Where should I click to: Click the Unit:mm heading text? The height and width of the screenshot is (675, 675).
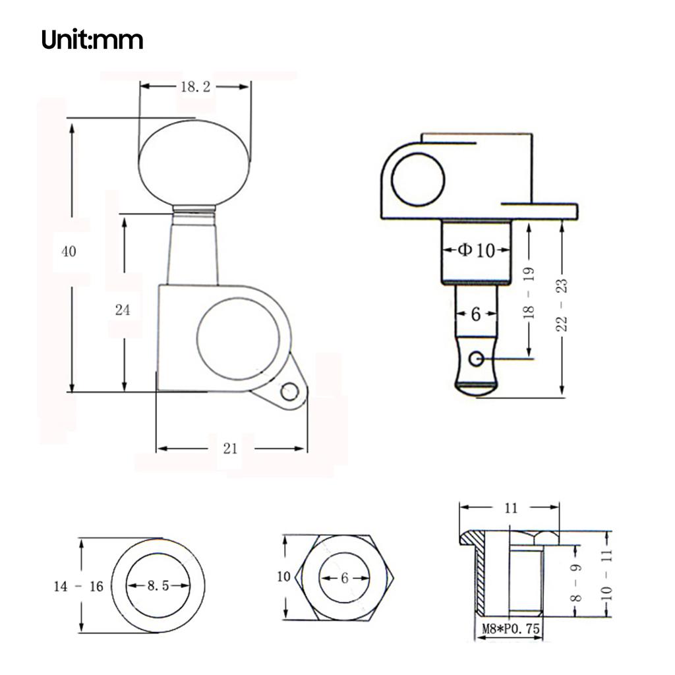(x=92, y=40)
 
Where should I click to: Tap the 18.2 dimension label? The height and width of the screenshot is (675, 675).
(x=194, y=86)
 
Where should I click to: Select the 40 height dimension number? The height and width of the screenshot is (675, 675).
(x=69, y=251)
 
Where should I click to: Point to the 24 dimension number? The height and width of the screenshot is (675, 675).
(x=123, y=310)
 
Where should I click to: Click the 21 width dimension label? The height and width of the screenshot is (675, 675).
(x=230, y=449)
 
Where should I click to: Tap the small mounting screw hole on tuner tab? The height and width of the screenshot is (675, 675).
(x=288, y=393)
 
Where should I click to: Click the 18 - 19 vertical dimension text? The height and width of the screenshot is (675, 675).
(x=529, y=293)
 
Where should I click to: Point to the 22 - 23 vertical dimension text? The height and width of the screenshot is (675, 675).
(x=562, y=304)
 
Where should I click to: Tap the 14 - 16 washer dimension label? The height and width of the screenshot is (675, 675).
(x=78, y=586)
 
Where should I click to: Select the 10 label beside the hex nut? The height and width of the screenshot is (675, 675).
(x=283, y=577)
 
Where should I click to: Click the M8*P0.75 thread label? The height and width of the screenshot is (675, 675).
(x=509, y=630)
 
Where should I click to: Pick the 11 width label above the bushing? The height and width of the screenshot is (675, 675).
(x=511, y=508)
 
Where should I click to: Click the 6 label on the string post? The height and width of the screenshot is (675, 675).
(x=476, y=314)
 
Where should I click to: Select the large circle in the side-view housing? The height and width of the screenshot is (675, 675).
(x=418, y=179)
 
